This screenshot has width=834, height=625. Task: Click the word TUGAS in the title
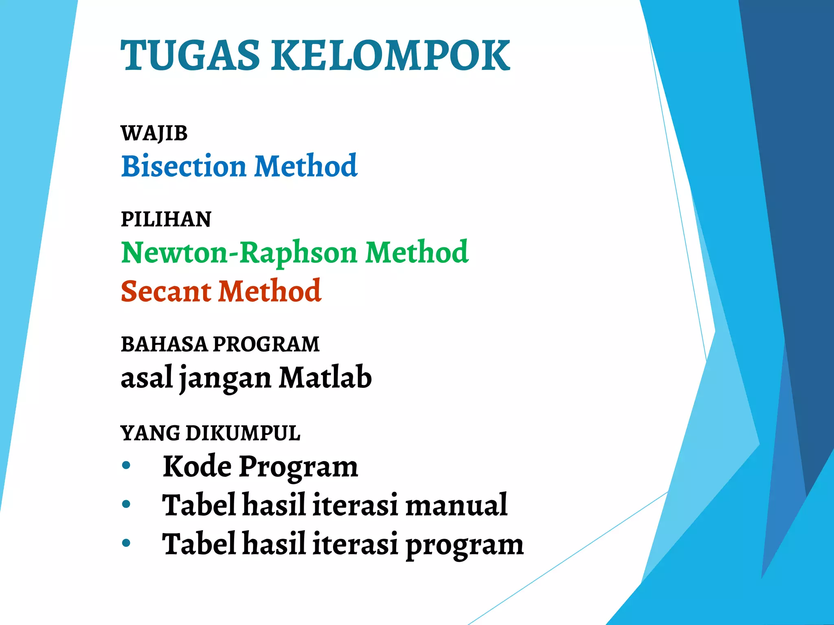190,55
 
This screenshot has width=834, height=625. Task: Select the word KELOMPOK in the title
391,55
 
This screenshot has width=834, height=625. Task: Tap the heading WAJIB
154,133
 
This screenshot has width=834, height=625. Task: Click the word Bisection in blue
184,166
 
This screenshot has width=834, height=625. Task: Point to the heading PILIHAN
166,219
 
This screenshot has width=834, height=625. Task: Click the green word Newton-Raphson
239,252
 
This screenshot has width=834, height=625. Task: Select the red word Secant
166,291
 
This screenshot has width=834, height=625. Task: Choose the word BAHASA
164,344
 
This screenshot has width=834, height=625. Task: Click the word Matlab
325,378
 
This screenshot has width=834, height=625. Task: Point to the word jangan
225,378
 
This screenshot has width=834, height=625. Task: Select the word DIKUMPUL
243,433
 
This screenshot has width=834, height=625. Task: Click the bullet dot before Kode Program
126,465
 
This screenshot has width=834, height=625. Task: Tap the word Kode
197,466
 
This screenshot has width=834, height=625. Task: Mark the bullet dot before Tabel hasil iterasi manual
126,504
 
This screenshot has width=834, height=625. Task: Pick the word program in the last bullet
464,545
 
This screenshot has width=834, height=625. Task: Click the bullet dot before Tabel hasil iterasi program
126,543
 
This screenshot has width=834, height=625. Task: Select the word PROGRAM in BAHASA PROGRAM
266,344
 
